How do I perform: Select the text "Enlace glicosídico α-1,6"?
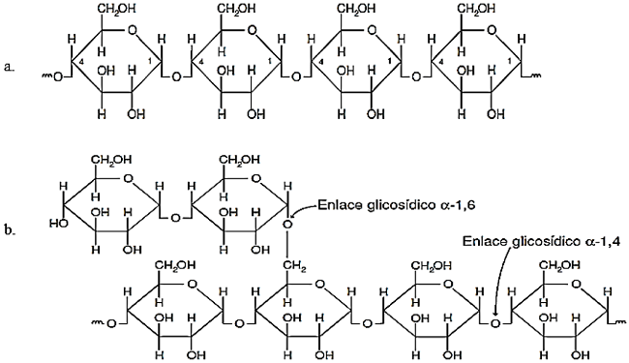[399, 204]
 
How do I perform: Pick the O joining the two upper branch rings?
[175, 217]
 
